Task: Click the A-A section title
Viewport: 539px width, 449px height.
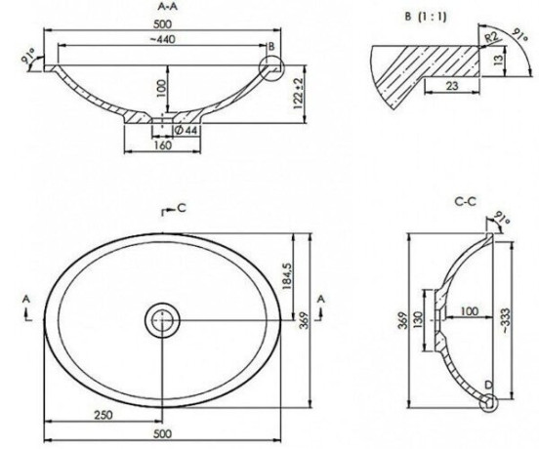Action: (167, 6)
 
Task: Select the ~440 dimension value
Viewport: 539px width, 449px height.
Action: (163, 39)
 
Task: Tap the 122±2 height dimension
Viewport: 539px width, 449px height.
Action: (299, 93)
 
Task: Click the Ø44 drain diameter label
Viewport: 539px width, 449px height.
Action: (186, 130)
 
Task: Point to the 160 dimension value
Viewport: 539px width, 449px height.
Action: (162, 145)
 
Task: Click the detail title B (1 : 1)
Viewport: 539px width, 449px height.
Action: (426, 17)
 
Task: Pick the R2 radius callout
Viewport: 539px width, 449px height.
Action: (491, 37)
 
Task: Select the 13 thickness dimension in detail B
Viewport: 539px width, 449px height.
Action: (498, 61)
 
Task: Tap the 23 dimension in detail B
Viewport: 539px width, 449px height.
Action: (452, 86)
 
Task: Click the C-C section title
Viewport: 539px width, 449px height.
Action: (466, 202)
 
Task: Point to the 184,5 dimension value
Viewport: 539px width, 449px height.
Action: (287, 276)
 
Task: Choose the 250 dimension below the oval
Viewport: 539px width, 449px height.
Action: (104, 415)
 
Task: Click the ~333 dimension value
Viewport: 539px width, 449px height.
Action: (506, 320)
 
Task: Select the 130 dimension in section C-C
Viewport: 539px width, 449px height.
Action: (417, 320)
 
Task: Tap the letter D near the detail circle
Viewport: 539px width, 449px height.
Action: (489, 386)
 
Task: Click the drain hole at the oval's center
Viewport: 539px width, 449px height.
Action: (162, 320)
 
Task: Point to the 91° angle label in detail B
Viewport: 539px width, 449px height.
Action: (519, 35)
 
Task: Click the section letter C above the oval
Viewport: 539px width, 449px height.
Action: (182, 208)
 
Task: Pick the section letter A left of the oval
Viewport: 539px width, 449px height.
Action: (26, 300)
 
